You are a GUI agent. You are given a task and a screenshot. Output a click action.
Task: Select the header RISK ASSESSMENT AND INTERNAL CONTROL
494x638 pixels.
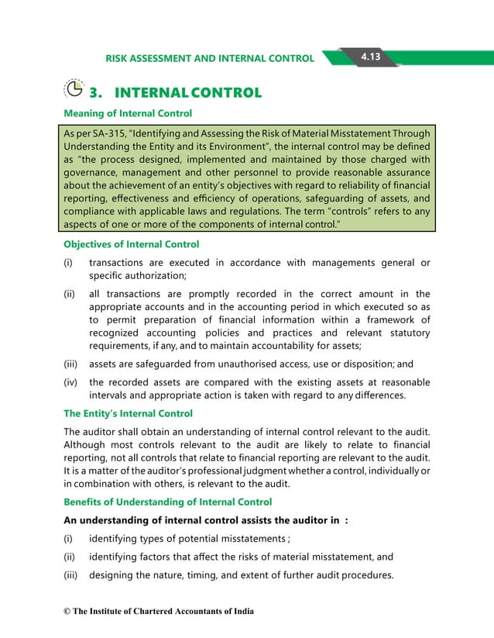point(210,58)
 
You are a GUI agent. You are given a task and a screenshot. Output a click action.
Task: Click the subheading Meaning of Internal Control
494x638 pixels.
point(128,114)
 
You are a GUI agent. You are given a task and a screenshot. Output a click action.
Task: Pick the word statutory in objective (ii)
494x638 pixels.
point(407,338)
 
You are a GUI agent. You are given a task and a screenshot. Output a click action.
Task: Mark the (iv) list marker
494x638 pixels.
point(72,381)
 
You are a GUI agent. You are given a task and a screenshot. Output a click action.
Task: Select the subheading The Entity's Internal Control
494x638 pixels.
point(128,413)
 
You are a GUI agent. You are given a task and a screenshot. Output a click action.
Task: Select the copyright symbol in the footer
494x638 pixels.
point(67,612)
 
